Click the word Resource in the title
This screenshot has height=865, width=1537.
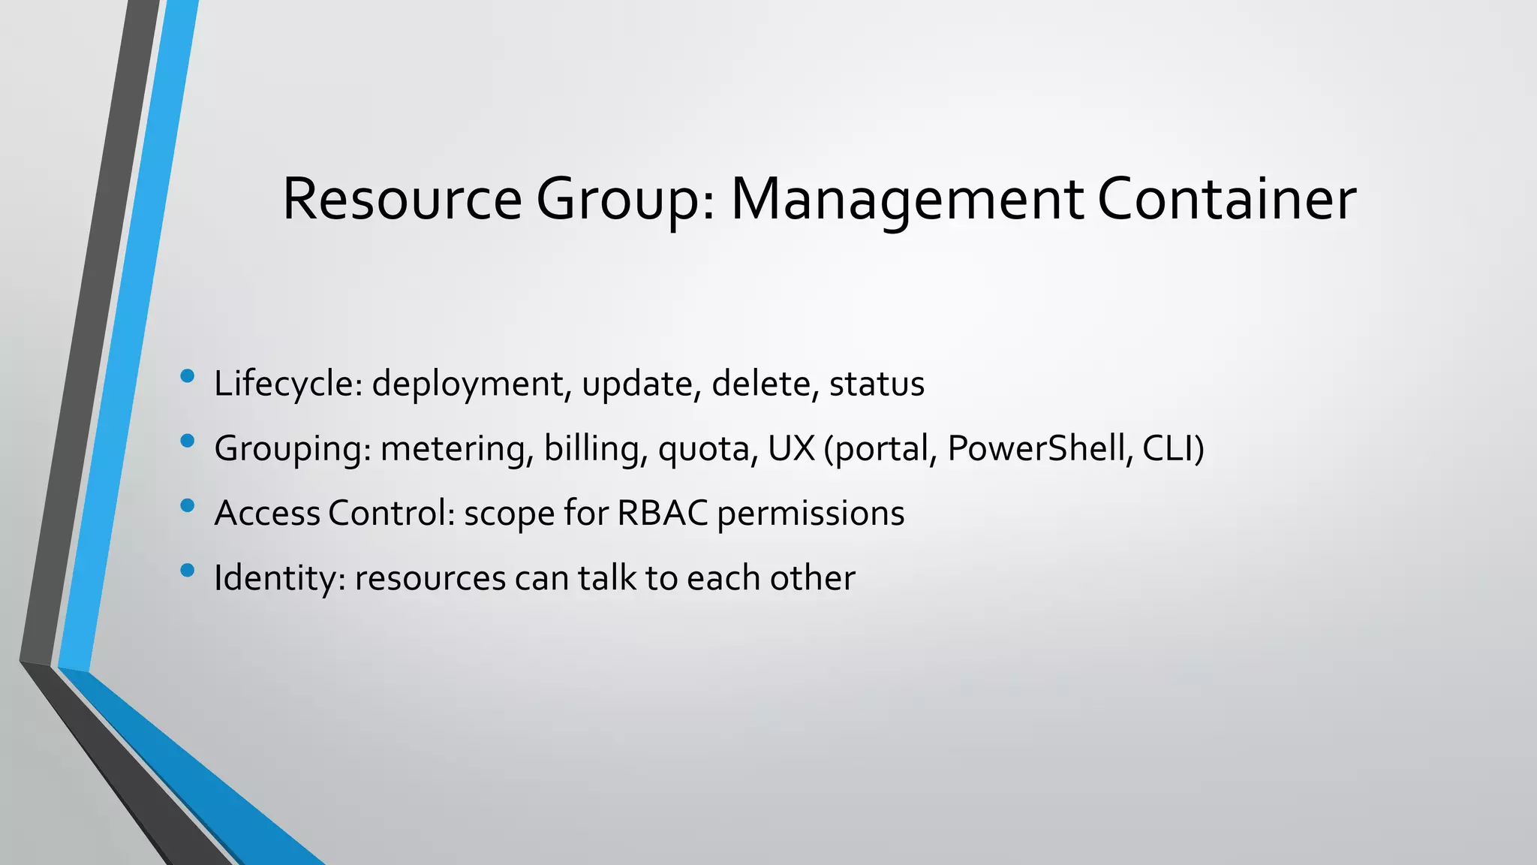click(x=402, y=200)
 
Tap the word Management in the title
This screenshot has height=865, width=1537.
click(x=907, y=200)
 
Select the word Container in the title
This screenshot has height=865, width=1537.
click(x=1227, y=200)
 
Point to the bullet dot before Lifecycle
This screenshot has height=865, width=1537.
click(x=188, y=375)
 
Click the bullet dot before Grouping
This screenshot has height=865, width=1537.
click(x=188, y=441)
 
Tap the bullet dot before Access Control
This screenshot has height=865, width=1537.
click(x=188, y=505)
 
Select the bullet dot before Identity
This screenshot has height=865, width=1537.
click(x=188, y=570)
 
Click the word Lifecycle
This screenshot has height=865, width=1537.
click(x=288, y=384)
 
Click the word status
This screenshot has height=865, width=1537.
click(x=877, y=384)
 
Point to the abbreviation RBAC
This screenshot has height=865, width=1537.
click(x=662, y=514)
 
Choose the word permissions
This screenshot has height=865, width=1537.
click(x=811, y=514)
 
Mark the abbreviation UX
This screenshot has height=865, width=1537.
click(x=791, y=448)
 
